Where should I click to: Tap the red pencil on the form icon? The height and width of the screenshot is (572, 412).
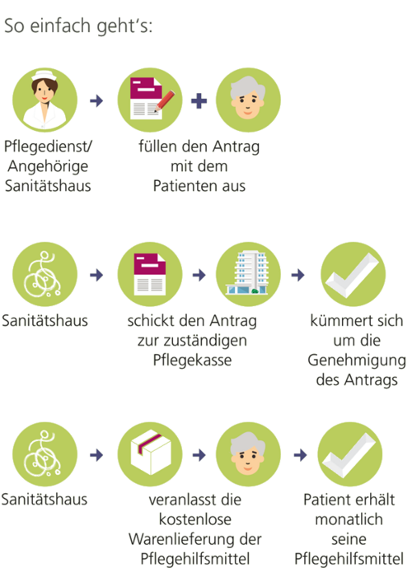pos(165,100)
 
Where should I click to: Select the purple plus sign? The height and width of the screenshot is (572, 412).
pos(199,100)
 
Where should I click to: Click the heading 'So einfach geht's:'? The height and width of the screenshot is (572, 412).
pos(78,26)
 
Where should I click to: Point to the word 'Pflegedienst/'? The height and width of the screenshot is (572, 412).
pos(48,146)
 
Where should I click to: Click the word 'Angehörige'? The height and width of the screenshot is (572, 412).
pos(48,166)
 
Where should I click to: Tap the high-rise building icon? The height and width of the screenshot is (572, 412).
pos(248,272)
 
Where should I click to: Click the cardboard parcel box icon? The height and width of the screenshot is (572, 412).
pos(151,453)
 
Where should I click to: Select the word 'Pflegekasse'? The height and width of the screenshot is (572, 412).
pos(192,360)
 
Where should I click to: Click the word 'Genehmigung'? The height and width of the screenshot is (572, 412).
pos(357,360)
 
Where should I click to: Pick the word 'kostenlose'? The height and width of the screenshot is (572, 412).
pos(195,519)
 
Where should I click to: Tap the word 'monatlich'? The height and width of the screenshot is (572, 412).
pos(349,519)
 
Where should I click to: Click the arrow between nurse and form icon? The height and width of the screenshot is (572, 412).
pos(96,100)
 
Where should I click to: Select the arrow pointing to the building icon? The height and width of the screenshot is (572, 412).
pos(199,275)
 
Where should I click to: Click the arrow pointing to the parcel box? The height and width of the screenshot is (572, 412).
pos(96,455)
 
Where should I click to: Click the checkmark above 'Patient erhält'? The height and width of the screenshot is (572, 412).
pos(349,455)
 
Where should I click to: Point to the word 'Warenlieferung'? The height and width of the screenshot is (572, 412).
pos(180,539)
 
